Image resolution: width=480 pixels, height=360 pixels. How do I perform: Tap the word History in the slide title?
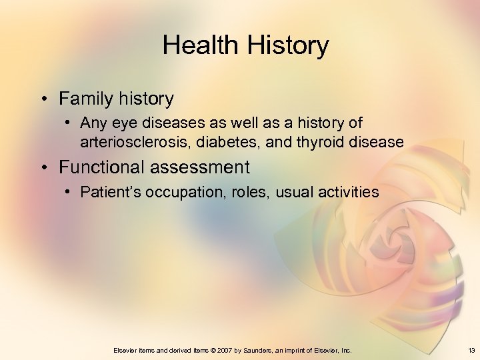289,46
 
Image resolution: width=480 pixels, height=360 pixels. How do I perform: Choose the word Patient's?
107,193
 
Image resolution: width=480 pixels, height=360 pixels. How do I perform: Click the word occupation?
176,193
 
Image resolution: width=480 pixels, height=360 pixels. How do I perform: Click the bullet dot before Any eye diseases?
69,124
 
